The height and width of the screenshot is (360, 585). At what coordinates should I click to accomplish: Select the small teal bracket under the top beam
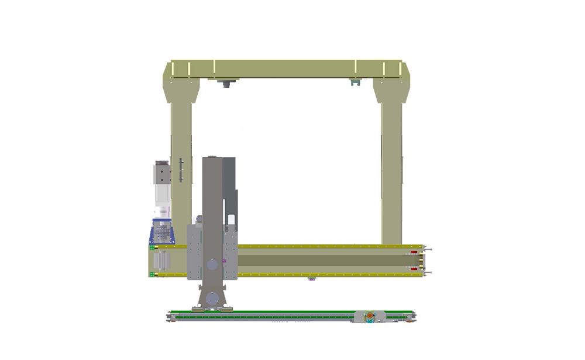(x=353, y=83)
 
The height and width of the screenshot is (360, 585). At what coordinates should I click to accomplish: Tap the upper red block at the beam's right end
(x=415, y=252)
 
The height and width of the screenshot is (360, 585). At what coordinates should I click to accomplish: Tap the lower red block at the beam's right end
(x=415, y=269)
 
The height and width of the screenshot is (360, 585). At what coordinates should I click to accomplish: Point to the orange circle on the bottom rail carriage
(x=370, y=316)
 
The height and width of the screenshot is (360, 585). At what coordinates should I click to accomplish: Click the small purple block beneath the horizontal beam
(x=311, y=279)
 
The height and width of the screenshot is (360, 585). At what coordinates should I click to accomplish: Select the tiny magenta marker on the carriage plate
(x=224, y=260)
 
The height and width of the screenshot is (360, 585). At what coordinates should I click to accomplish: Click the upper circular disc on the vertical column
(x=212, y=265)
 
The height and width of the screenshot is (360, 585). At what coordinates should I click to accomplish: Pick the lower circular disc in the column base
(x=212, y=300)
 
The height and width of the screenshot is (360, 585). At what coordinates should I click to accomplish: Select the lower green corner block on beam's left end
(x=153, y=274)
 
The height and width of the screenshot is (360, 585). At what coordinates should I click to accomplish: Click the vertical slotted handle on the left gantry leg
(x=181, y=170)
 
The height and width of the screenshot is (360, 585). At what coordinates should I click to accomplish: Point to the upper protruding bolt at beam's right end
(x=428, y=249)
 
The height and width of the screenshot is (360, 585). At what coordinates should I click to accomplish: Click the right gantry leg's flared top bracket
(x=391, y=91)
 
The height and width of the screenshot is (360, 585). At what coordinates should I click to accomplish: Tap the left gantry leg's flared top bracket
(x=181, y=91)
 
